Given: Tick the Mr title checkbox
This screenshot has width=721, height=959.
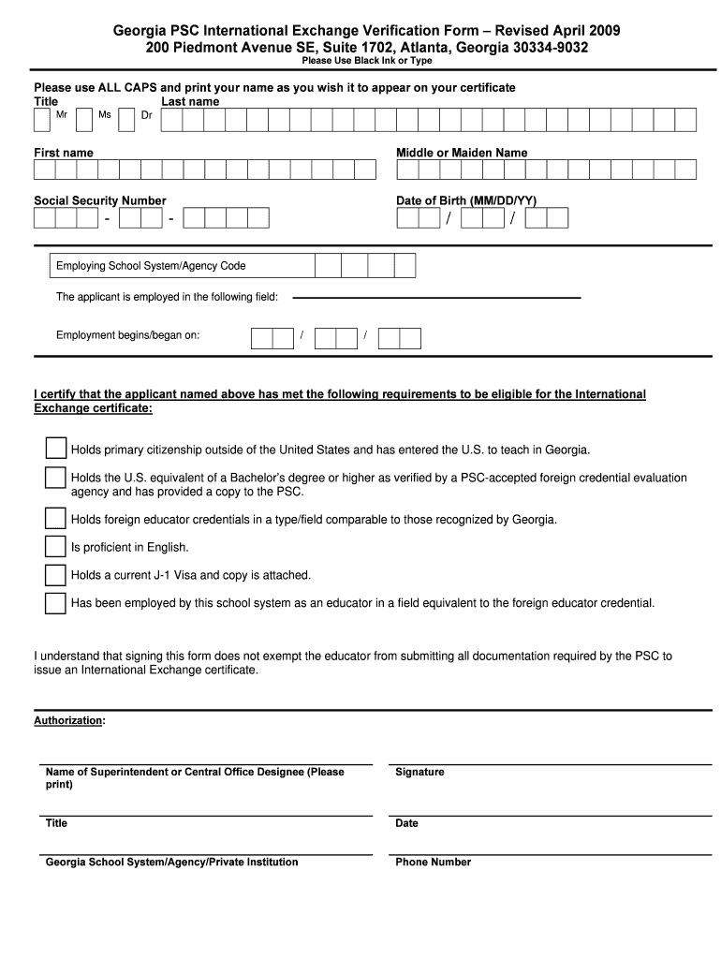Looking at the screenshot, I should tap(42, 121).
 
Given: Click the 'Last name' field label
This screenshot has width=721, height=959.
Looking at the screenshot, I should tap(190, 101).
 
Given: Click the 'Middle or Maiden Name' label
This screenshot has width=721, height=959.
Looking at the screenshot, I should tap(462, 153).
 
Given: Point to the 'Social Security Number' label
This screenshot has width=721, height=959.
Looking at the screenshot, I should tap(100, 200).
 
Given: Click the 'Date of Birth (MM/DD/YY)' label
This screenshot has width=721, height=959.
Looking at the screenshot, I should tap(466, 200).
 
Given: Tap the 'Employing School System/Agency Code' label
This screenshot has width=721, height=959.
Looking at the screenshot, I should tap(151, 266).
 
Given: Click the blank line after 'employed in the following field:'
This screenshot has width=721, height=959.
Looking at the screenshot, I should tap(436, 298).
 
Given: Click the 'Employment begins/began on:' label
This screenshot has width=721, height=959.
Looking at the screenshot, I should tap(127, 335).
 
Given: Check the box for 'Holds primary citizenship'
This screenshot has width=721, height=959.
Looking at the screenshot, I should tap(56, 449).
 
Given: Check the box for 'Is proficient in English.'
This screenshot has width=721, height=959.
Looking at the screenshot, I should tap(56, 546).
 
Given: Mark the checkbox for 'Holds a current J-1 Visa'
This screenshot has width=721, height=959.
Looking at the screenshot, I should tap(56, 574).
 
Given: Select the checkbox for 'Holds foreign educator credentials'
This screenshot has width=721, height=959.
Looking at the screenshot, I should tap(56, 518).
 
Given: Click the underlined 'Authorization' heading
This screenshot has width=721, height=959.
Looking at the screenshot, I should tap(68, 721).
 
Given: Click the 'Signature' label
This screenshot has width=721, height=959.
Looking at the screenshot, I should tap(419, 773).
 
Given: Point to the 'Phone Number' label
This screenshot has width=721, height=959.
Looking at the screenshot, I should tap(433, 863).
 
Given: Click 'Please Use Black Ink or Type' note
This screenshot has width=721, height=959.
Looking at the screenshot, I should tap(366, 61).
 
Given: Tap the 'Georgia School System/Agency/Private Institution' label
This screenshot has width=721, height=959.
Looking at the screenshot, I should tap(171, 863).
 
